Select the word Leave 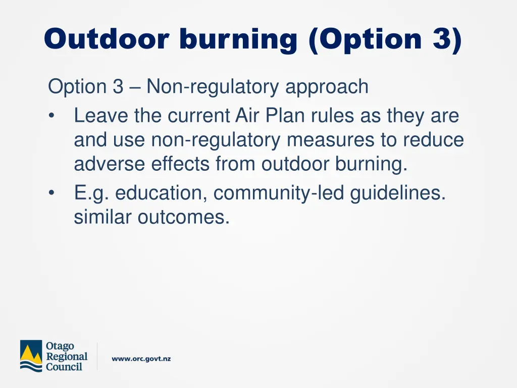(x=101, y=116)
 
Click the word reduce (x=433, y=140)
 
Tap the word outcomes (x=183, y=217)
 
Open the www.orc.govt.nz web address (x=141, y=359)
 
